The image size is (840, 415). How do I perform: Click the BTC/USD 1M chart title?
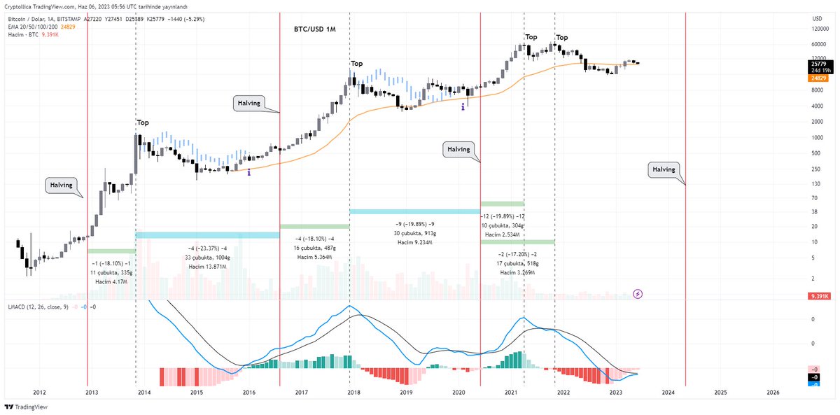click(x=315, y=30)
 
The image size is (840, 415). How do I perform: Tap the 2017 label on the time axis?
click(x=302, y=393)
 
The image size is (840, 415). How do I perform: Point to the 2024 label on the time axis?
click(x=668, y=393)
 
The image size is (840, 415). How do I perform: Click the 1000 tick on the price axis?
click(x=816, y=137)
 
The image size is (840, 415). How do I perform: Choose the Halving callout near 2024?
click(x=664, y=169)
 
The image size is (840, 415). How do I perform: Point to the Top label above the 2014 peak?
click(x=143, y=122)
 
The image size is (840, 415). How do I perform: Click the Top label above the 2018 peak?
click(x=357, y=64)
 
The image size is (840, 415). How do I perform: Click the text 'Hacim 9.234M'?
click(x=414, y=242)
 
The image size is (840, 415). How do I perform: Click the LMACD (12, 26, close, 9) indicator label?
click(x=38, y=307)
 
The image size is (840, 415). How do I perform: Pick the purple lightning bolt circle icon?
click(x=638, y=294)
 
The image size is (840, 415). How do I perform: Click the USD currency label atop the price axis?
click(x=816, y=18)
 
